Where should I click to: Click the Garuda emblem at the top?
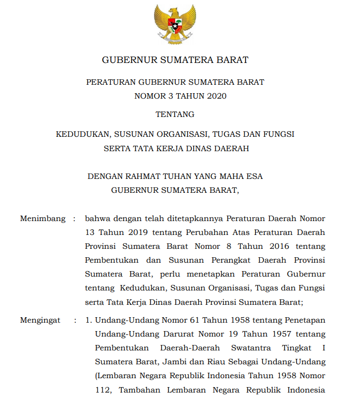[175, 23]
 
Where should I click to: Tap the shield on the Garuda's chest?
[175, 24]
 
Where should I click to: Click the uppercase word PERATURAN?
[110, 82]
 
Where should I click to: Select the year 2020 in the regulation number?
[216, 96]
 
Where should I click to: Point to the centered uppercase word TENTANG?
[175, 114]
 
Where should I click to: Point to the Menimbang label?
[43, 219]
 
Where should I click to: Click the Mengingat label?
[40, 320]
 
